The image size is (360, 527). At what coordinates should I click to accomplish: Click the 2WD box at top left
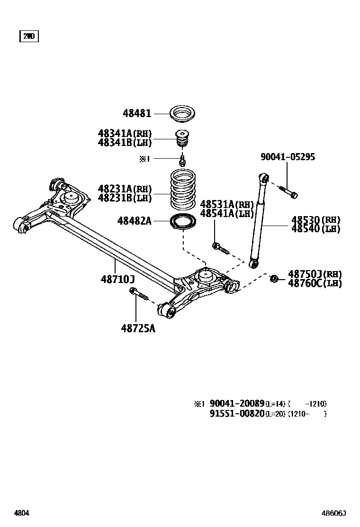click(x=29, y=36)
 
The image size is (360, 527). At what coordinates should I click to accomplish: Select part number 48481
click(x=137, y=113)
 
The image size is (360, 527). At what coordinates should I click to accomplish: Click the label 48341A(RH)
click(x=125, y=134)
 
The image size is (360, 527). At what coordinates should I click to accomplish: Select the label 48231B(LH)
click(x=125, y=198)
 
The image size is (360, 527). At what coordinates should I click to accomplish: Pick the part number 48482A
click(x=135, y=220)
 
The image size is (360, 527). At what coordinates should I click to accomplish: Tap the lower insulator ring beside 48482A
click(x=184, y=222)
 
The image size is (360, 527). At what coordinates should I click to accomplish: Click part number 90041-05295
click(x=288, y=157)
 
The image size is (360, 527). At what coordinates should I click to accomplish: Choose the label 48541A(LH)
click(x=227, y=213)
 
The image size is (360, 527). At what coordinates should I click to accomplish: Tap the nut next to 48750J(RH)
click(x=274, y=278)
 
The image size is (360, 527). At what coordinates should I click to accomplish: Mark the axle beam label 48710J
click(x=117, y=280)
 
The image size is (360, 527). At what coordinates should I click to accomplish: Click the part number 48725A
click(x=138, y=328)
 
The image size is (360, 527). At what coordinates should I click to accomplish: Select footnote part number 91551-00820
click(x=237, y=414)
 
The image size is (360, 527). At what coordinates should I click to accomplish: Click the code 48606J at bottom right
click(x=334, y=513)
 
